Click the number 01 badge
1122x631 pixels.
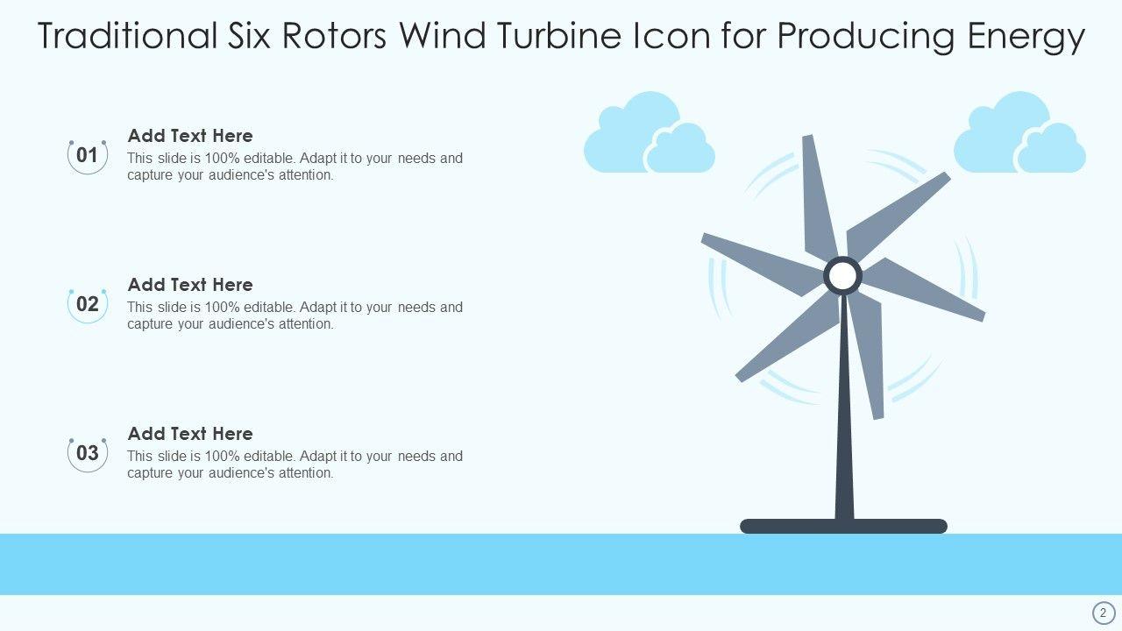pos(88,156)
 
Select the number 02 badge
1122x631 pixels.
pos(88,305)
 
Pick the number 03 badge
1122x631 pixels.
pos(88,454)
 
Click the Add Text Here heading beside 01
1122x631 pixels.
pos(190,136)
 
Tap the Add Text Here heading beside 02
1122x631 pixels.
pos(190,285)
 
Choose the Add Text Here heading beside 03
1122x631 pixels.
pos(190,434)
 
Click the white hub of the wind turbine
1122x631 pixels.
pos(842,275)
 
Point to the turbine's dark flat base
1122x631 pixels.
pos(843,527)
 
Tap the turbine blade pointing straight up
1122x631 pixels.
pos(819,198)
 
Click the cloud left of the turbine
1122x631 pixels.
pos(650,133)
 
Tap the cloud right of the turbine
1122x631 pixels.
pos(1019,133)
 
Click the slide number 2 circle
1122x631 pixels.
pos(1103,613)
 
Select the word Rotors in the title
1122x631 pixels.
pos(334,36)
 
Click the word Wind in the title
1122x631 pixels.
pos(442,36)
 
